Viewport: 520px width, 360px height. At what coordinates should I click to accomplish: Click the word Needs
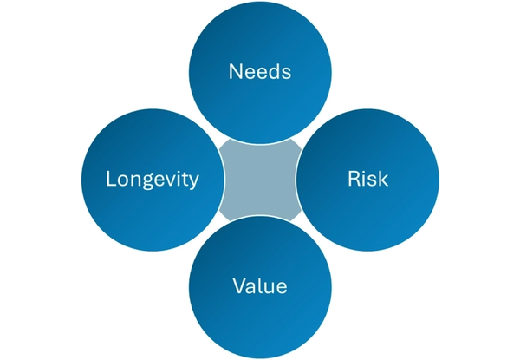tap(259, 71)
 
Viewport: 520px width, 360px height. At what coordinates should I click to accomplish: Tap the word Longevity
tap(153, 180)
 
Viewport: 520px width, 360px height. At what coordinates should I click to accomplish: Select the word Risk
tap(367, 180)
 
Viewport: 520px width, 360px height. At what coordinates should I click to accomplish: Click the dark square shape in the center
tap(259, 180)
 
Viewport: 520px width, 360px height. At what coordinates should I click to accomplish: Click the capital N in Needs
tap(235, 71)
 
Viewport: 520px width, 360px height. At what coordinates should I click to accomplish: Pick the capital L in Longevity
tap(110, 180)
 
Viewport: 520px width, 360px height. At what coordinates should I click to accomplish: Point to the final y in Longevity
tap(195, 182)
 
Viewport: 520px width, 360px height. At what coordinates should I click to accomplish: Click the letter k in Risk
tap(382, 180)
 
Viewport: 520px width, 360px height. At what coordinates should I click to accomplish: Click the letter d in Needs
tap(272, 71)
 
